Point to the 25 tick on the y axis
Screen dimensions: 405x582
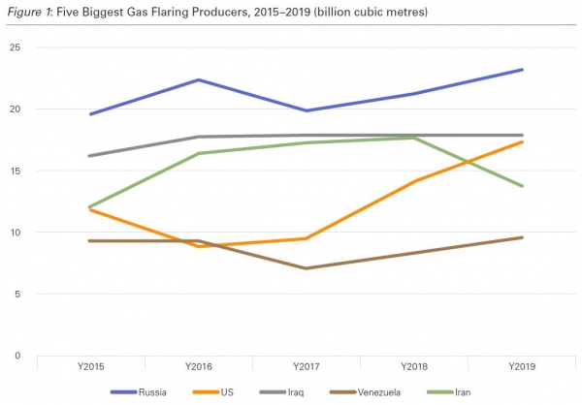[15, 47]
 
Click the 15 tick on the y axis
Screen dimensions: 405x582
[15, 171]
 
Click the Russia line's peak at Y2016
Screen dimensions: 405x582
[198, 79]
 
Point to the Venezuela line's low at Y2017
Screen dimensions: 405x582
[307, 268]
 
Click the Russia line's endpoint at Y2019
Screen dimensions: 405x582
[523, 70]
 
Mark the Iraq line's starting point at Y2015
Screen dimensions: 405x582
[89, 156]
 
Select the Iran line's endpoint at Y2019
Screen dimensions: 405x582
[523, 186]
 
